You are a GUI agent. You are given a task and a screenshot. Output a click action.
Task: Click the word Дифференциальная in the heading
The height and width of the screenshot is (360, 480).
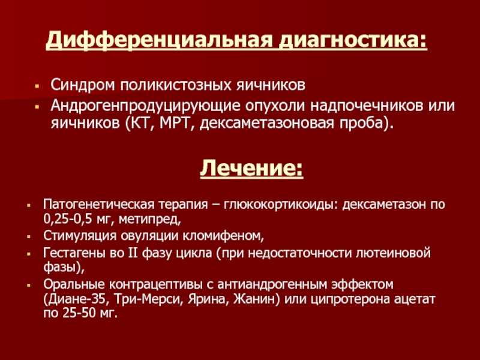click(158, 39)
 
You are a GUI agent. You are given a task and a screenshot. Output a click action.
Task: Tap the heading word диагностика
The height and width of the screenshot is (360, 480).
click(352, 39)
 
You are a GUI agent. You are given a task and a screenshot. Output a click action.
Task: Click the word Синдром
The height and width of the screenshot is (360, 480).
click(83, 85)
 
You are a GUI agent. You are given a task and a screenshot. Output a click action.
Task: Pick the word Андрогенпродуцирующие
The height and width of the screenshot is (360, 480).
click(145, 106)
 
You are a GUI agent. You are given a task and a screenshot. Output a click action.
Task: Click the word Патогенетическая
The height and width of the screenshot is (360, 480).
click(98, 204)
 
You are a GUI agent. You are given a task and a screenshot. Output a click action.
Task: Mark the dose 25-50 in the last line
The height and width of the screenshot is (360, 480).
click(79, 313)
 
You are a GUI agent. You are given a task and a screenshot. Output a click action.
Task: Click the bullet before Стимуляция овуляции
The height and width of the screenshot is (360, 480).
click(29, 236)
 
